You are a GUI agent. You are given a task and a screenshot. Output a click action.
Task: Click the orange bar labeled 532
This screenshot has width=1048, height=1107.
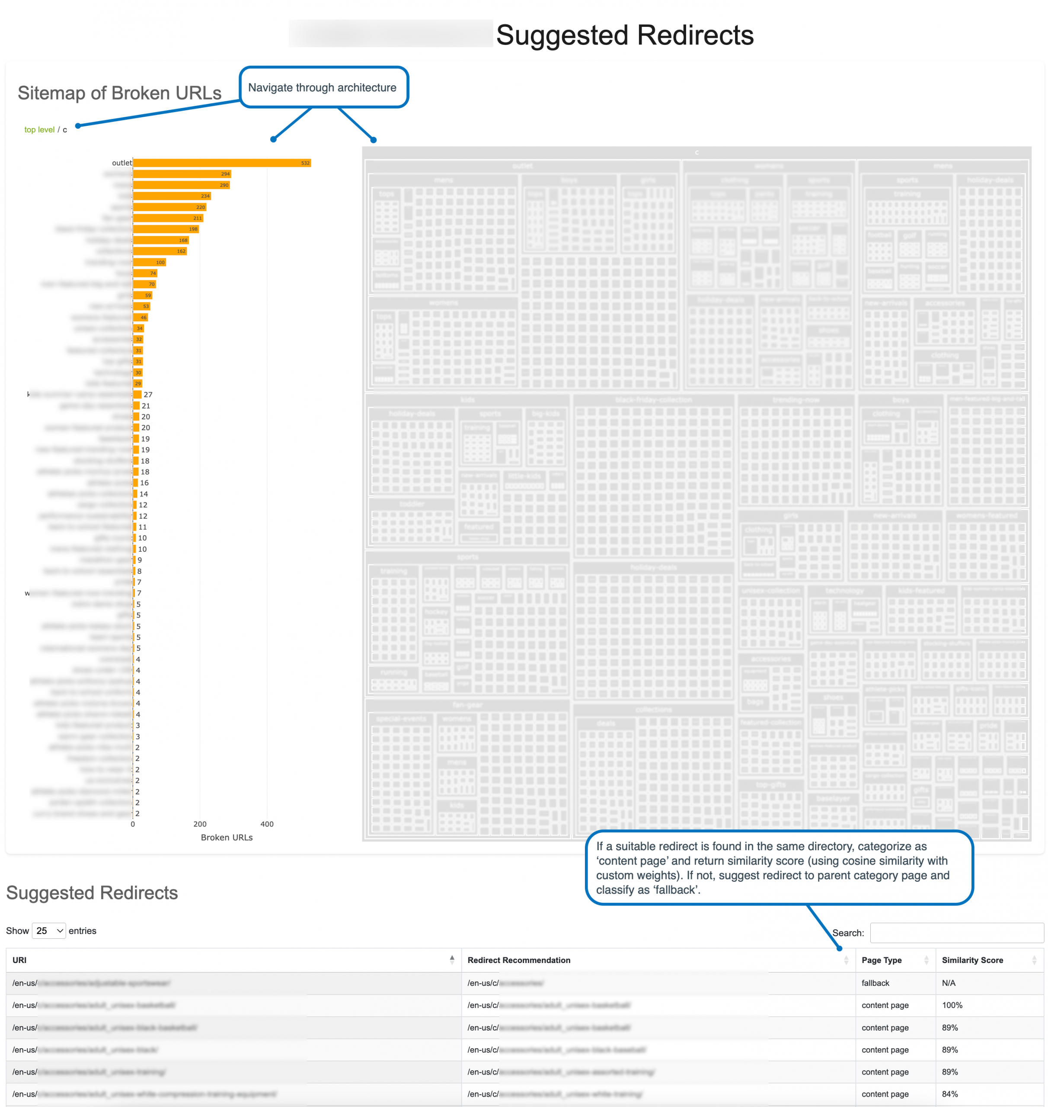point(221,163)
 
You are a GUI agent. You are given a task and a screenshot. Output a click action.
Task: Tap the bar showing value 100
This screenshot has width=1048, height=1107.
point(149,262)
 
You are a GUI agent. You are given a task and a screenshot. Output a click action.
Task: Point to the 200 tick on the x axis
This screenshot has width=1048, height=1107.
point(200,824)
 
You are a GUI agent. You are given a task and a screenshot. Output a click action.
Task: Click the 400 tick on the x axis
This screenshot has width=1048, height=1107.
point(267,824)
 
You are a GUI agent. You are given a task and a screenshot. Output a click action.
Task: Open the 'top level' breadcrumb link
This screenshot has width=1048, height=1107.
point(39,130)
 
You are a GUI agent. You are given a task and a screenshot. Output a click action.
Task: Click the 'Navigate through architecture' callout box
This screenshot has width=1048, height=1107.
point(323,88)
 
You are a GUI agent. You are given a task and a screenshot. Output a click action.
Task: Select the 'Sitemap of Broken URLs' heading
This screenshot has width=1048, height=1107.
point(120,93)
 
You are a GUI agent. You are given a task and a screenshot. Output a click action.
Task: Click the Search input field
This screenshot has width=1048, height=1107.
point(956,933)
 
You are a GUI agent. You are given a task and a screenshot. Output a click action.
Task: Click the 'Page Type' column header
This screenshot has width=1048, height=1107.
point(881,960)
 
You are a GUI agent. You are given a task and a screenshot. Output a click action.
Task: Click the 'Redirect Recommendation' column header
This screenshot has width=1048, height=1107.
point(518,960)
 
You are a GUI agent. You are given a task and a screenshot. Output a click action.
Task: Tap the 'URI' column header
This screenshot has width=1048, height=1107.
point(19,960)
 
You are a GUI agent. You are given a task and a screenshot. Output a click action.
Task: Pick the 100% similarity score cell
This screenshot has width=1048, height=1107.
point(952,1005)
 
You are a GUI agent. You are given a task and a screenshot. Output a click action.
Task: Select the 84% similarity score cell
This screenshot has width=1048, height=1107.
point(950,1094)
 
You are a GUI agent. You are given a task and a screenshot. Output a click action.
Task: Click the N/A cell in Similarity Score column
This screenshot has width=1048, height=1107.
point(949,983)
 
